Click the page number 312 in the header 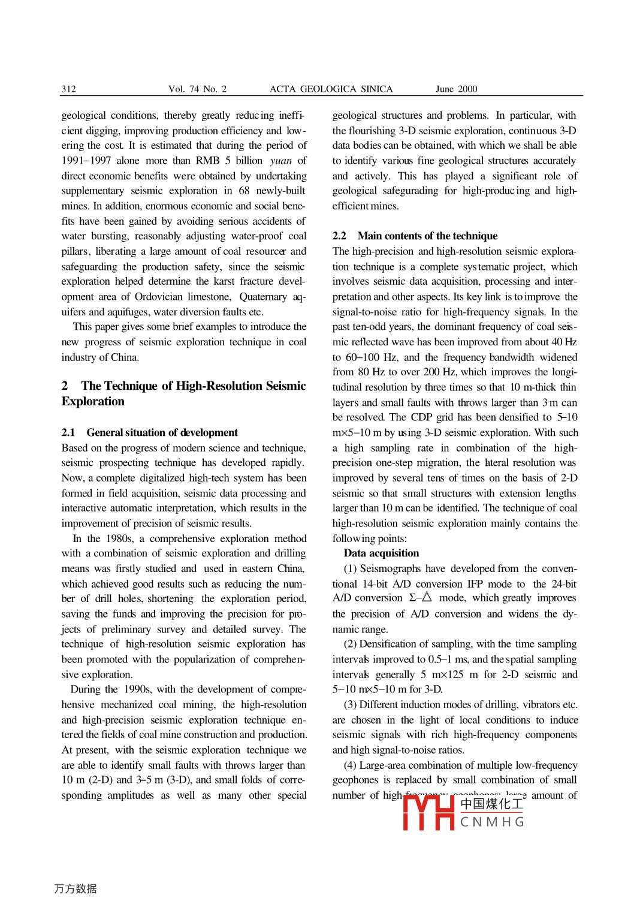[69, 89]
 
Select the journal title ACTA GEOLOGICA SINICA [331, 89]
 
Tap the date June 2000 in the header [456, 89]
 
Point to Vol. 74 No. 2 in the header [197, 89]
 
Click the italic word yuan [280, 161]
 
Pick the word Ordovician [167, 297]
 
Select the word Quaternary [263, 297]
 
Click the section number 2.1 [68, 433]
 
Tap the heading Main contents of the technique [427, 236]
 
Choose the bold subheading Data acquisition [381, 553]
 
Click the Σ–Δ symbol [420, 598]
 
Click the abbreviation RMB [207, 161]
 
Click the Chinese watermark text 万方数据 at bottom [76, 889]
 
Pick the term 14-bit [375, 584]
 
